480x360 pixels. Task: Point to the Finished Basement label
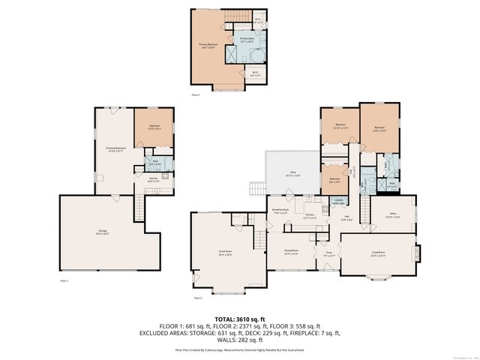pos(115,151)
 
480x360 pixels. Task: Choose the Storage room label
pos(103,232)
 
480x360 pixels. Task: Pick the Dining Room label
pos(291,251)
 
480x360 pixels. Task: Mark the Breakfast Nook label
pos(280,212)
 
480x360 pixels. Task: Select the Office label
pos(392,215)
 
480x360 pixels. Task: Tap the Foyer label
pos(328,253)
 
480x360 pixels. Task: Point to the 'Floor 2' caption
pos(198,298)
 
